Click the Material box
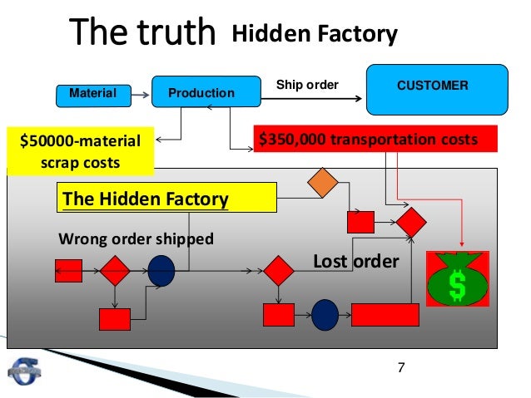(92, 94)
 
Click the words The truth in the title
(142, 34)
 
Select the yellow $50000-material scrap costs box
(80, 150)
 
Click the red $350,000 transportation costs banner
(374, 140)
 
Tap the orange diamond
(323, 183)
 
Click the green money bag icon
(456, 278)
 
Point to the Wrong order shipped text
(136, 239)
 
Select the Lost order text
(355, 263)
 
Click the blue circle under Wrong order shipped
(161, 270)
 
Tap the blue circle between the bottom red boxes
(325, 315)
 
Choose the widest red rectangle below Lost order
(385, 315)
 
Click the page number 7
(401, 366)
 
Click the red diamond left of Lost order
(280, 271)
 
